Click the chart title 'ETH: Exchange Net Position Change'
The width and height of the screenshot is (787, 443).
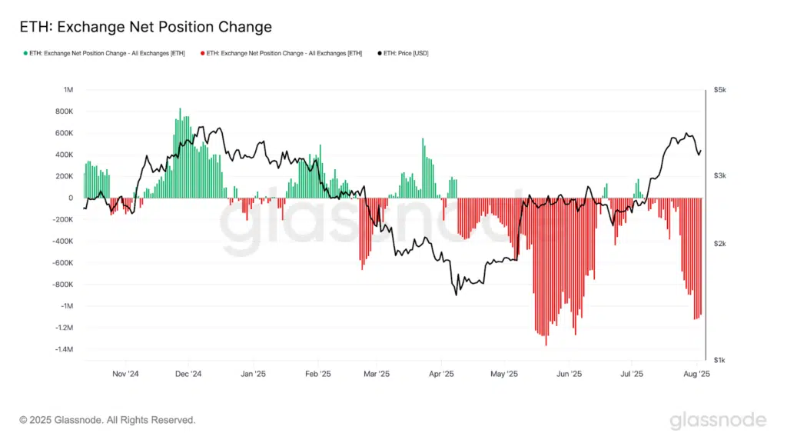145,27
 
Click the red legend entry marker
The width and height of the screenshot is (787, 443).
203,53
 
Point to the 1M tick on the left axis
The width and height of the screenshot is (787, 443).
68,90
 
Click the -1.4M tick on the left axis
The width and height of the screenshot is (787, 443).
62,349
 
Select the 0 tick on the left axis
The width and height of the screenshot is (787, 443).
70,198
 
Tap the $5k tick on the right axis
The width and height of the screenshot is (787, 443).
719,90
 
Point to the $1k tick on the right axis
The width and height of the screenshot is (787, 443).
719,360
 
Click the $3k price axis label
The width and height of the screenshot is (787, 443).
719,176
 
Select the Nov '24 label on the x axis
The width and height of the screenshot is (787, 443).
125,374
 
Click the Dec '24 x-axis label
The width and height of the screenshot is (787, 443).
188,374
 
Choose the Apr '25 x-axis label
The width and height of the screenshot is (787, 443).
440,374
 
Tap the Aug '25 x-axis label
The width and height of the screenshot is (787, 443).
696,374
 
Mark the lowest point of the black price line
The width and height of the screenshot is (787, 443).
456,295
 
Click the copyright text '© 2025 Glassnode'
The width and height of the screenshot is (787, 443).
108,420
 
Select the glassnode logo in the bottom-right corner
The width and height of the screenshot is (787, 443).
718,420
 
